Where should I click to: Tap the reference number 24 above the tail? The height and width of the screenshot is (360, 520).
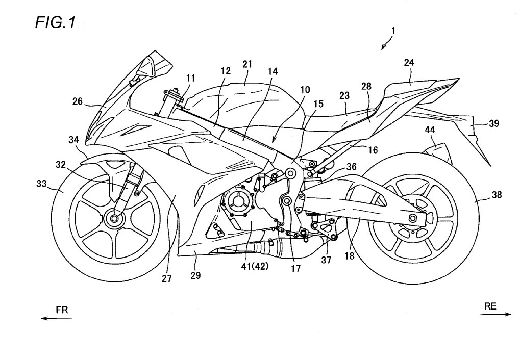tap(409, 63)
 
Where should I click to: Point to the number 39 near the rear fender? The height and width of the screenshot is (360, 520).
tap(494, 123)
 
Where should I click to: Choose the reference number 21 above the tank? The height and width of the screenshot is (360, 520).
tap(247, 64)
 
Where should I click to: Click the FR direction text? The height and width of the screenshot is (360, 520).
tap(61, 309)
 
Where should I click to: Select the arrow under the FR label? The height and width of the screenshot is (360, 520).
tap(57, 318)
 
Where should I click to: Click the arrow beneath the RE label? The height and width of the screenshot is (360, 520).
tap(495, 315)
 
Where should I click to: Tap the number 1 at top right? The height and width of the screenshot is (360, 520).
tap(392, 31)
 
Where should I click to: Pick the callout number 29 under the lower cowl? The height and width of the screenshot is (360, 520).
tap(195, 275)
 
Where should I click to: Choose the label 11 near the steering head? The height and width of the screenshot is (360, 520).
tap(190, 78)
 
